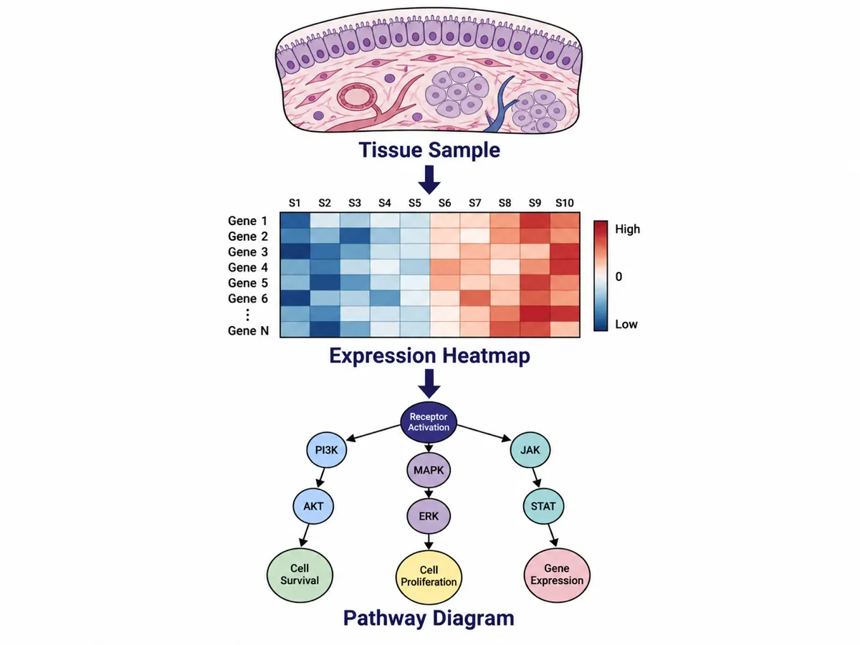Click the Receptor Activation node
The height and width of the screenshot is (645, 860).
coord(429,422)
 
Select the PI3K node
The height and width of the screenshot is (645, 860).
coord(326,450)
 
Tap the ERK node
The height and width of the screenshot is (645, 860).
coord(429,516)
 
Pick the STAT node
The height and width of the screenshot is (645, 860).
coord(543,506)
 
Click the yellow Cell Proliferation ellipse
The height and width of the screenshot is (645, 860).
coord(429,575)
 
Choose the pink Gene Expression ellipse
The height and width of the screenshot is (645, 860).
coord(557,574)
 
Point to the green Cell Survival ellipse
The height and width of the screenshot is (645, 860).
coord(300,574)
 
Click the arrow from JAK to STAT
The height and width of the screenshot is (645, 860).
coord(536,477)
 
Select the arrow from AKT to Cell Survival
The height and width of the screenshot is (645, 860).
coord(305,535)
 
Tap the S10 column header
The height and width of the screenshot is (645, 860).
coord(565,203)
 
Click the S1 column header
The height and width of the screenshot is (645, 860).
coord(295,203)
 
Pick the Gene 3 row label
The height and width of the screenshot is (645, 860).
coord(248,252)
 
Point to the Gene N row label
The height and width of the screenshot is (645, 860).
coord(249,330)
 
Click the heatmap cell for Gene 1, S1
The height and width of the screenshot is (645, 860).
coord(295,220)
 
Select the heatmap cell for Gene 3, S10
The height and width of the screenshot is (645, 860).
coord(565,252)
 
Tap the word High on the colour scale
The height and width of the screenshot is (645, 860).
coord(627,229)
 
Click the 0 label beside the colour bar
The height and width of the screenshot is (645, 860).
coord(618,277)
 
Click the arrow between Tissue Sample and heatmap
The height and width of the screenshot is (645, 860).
coord(429,180)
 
